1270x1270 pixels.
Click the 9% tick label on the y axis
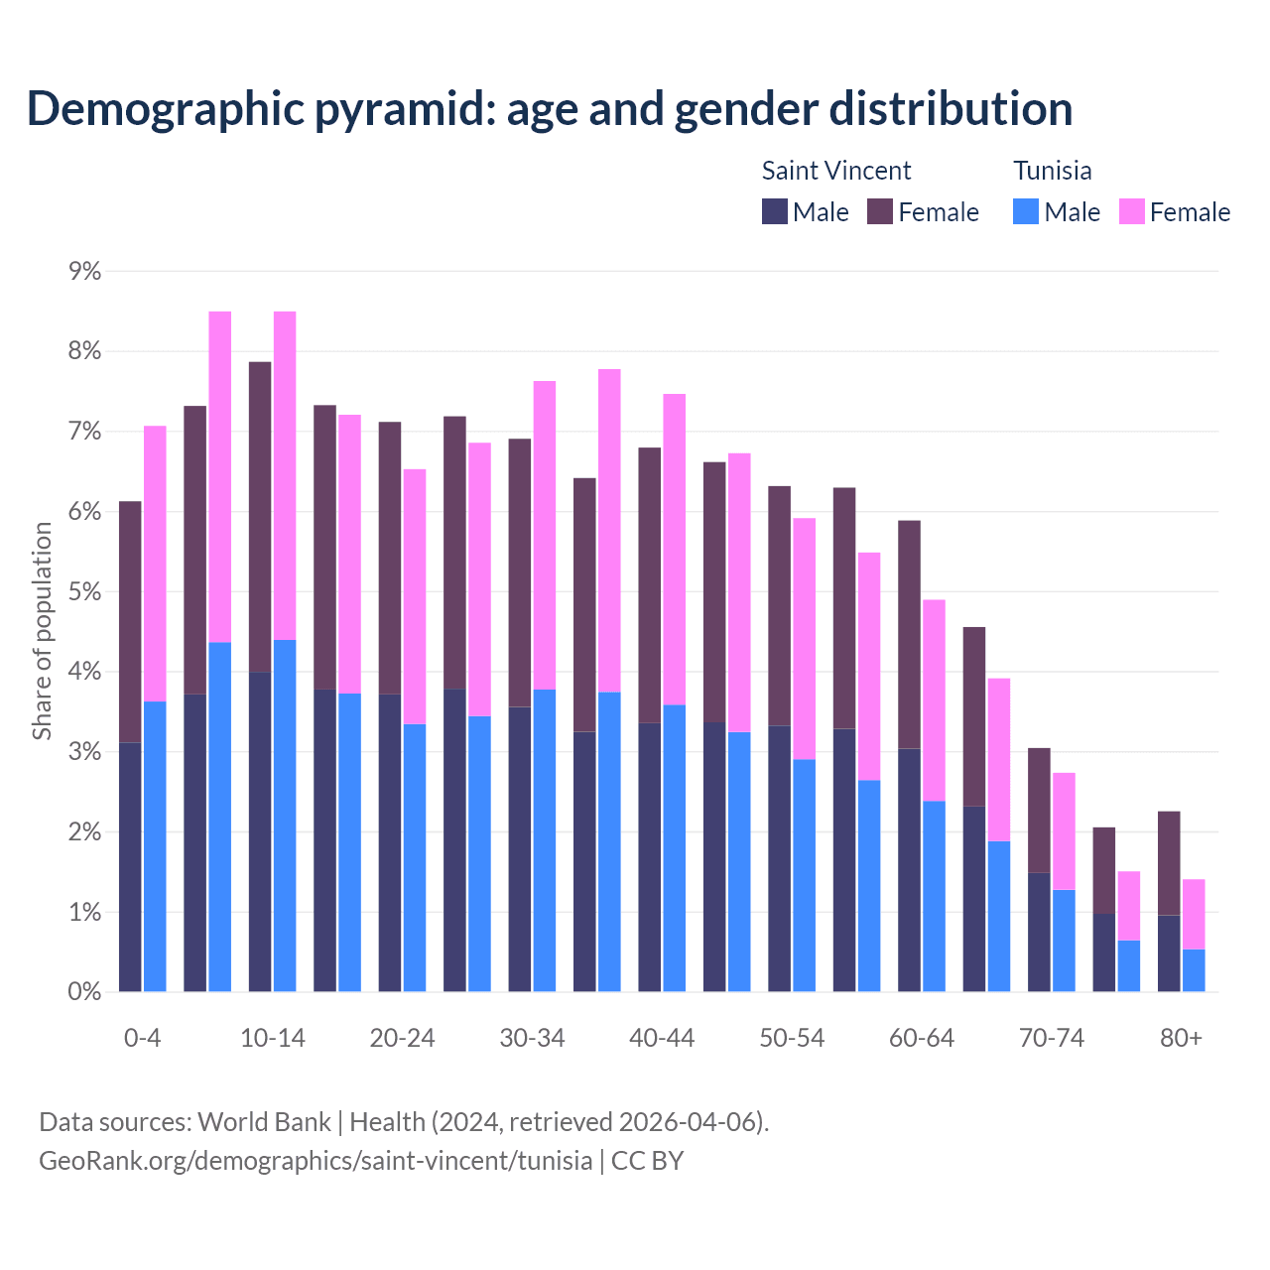click(x=85, y=272)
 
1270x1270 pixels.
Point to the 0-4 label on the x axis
click(x=142, y=1038)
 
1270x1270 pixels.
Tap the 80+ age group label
click(x=1181, y=1038)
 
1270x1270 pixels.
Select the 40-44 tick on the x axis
click(x=662, y=1038)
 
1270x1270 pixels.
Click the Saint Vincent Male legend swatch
click(x=775, y=212)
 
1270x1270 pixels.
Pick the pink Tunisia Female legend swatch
click(x=1132, y=212)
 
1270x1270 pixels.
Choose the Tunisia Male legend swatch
click(x=1026, y=212)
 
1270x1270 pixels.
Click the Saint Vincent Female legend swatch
click(x=880, y=212)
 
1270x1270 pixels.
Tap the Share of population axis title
click(x=42, y=631)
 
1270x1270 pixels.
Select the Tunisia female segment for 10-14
click(x=285, y=476)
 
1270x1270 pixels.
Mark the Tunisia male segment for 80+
click(x=1194, y=970)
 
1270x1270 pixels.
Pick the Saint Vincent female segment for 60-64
click(x=909, y=635)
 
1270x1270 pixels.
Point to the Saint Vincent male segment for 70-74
click(x=1039, y=933)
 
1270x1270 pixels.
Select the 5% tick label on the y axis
click(x=85, y=592)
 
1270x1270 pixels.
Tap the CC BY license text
click(x=647, y=1160)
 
